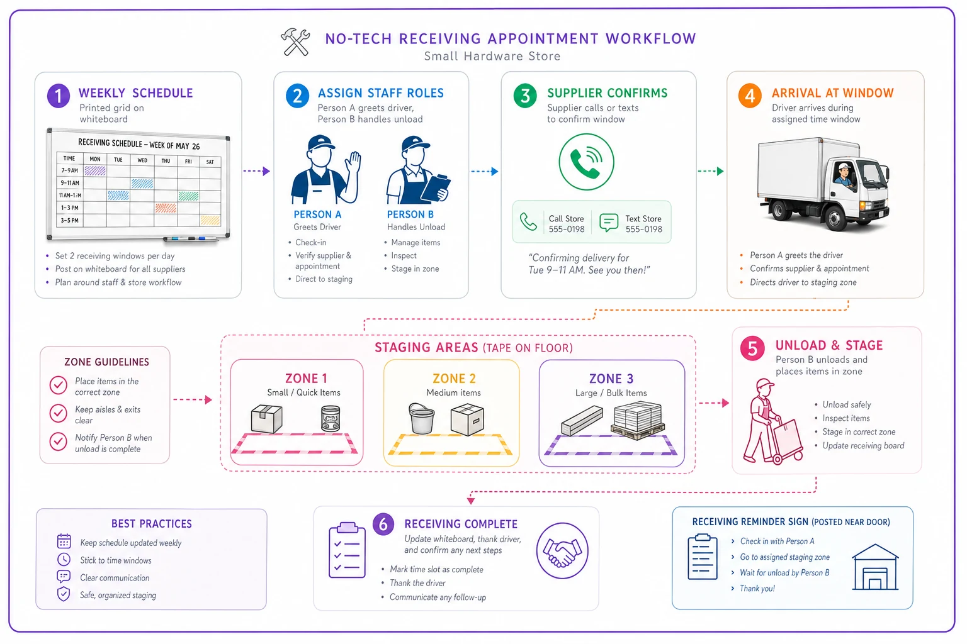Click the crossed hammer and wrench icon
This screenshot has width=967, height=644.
pyautogui.click(x=295, y=42)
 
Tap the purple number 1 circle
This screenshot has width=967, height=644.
pyautogui.click(x=59, y=96)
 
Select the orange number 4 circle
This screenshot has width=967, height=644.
pyautogui.click(x=750, y=96)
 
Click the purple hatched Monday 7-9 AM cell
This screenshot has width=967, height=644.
pyautogui.click(x=95, y=171)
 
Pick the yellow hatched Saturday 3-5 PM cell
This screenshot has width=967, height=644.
pyautogui.click(x=210, y=220)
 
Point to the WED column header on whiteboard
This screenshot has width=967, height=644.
pyautogui.click(x=142, y=160)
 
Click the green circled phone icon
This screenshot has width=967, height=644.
pyautogui.click(x=586, y=162)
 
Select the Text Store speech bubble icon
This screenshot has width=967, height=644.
pyautogui.click(x=609, y=222)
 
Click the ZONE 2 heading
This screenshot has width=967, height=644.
pyautogui.click(x=454, y=379)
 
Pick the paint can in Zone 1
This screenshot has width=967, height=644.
pyautogui.click(x=331, y=418)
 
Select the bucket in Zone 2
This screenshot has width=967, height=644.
pyautogui.click(x=421, y=418)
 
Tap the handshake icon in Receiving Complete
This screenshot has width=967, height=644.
pyautogui.click(x=562, y=551)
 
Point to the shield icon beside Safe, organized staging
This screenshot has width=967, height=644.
pyautogui.click(x=64, y=594)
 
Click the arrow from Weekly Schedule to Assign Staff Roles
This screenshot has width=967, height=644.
pyautogui.click(x=256, y=171)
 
